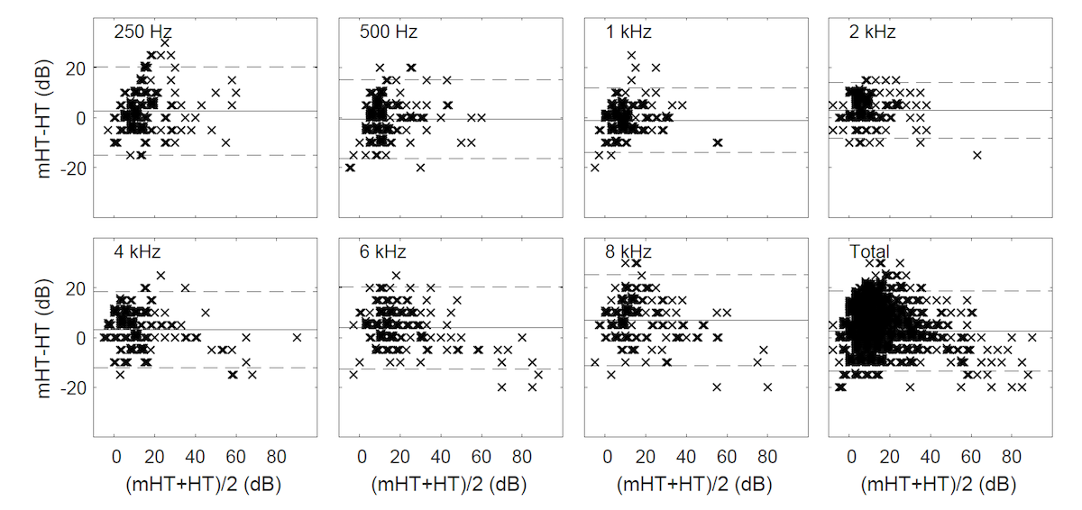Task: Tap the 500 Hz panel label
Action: [389, 32]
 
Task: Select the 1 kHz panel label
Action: [629, 32]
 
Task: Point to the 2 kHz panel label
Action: [873, 32]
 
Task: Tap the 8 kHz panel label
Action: [629, 252]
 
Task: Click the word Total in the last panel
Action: [870, 252]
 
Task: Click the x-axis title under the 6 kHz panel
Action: [448, 484]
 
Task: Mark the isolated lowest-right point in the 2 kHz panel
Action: [977, 155]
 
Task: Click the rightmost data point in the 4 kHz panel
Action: [297, 337]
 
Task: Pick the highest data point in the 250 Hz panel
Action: [164, 42]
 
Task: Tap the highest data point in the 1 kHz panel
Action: [631, 55]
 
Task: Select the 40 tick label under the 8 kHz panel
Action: [687, 458]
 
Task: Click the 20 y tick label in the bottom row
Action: [78, 288]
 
